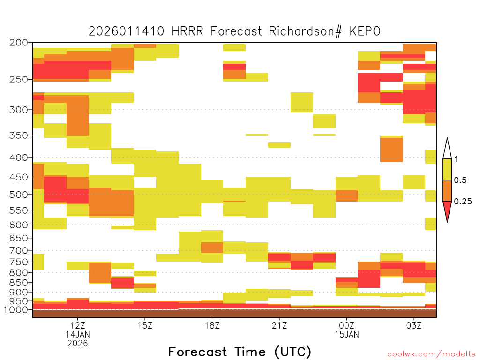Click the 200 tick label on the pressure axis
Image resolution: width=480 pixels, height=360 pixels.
19,43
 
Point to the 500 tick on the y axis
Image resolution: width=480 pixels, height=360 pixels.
19,195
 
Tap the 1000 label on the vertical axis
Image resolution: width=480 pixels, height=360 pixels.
16,310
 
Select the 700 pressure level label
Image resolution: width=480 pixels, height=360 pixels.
19,250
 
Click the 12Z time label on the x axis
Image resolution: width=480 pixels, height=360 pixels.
78,325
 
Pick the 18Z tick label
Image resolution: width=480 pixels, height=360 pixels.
212,325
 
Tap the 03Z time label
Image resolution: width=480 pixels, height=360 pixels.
414,325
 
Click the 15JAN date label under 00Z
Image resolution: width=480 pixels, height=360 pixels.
347,334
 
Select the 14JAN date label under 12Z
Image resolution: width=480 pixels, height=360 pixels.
78,334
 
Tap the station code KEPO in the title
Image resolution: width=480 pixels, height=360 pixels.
365,31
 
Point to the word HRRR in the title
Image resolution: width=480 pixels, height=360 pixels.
187,31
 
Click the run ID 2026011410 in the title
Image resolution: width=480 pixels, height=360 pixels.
127,31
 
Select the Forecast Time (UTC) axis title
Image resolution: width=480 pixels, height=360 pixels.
240,352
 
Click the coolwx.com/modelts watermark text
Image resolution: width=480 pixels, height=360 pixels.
431,354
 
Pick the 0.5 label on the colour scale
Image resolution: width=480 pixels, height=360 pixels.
460,180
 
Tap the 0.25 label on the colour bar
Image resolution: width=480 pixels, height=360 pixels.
463,201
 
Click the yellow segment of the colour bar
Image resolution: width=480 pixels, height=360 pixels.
447,169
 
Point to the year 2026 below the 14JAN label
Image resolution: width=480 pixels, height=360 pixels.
78,344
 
